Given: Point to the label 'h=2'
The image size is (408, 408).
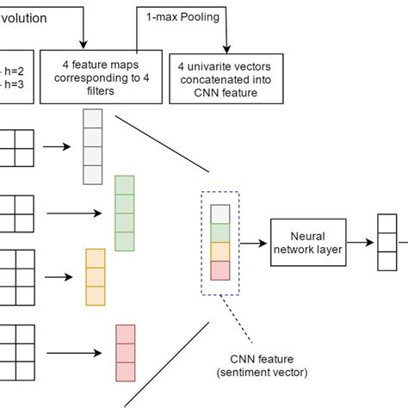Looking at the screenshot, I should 12,72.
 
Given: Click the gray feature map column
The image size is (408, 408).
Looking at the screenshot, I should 93,146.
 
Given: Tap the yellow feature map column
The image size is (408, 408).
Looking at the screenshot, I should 95,276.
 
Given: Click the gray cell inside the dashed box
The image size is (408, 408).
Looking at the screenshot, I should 220,214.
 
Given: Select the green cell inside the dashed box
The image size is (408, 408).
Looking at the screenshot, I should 220,233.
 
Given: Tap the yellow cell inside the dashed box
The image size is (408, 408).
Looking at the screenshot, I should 220,251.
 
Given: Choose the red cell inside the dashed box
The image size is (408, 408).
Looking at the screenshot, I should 220,270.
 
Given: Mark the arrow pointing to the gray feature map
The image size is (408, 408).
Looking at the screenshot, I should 58,146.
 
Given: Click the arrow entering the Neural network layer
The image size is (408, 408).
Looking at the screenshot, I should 254,243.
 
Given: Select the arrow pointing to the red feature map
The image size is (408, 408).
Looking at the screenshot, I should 76,352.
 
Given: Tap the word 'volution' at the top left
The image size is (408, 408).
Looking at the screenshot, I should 23,17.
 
